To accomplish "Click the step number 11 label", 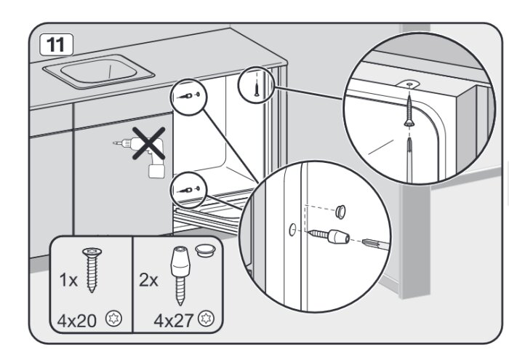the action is point(56,44).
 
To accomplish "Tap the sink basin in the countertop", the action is point(98,71).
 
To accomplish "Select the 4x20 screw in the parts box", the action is point(92,270).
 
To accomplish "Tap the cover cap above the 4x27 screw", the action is point(205,251).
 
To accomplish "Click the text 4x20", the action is point(77,321).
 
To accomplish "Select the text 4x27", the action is point(174,320).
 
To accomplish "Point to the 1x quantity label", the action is point(68,280).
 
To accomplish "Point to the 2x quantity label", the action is point(148,279).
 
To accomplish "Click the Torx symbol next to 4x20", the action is point(113,319).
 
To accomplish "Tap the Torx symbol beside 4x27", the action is point(207,318).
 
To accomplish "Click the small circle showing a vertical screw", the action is point(257,85).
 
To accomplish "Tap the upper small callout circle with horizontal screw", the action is point(188,97).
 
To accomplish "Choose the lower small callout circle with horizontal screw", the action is point(188,190).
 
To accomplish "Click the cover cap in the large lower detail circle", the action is point(340,212).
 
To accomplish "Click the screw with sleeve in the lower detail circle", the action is point(328,236).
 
